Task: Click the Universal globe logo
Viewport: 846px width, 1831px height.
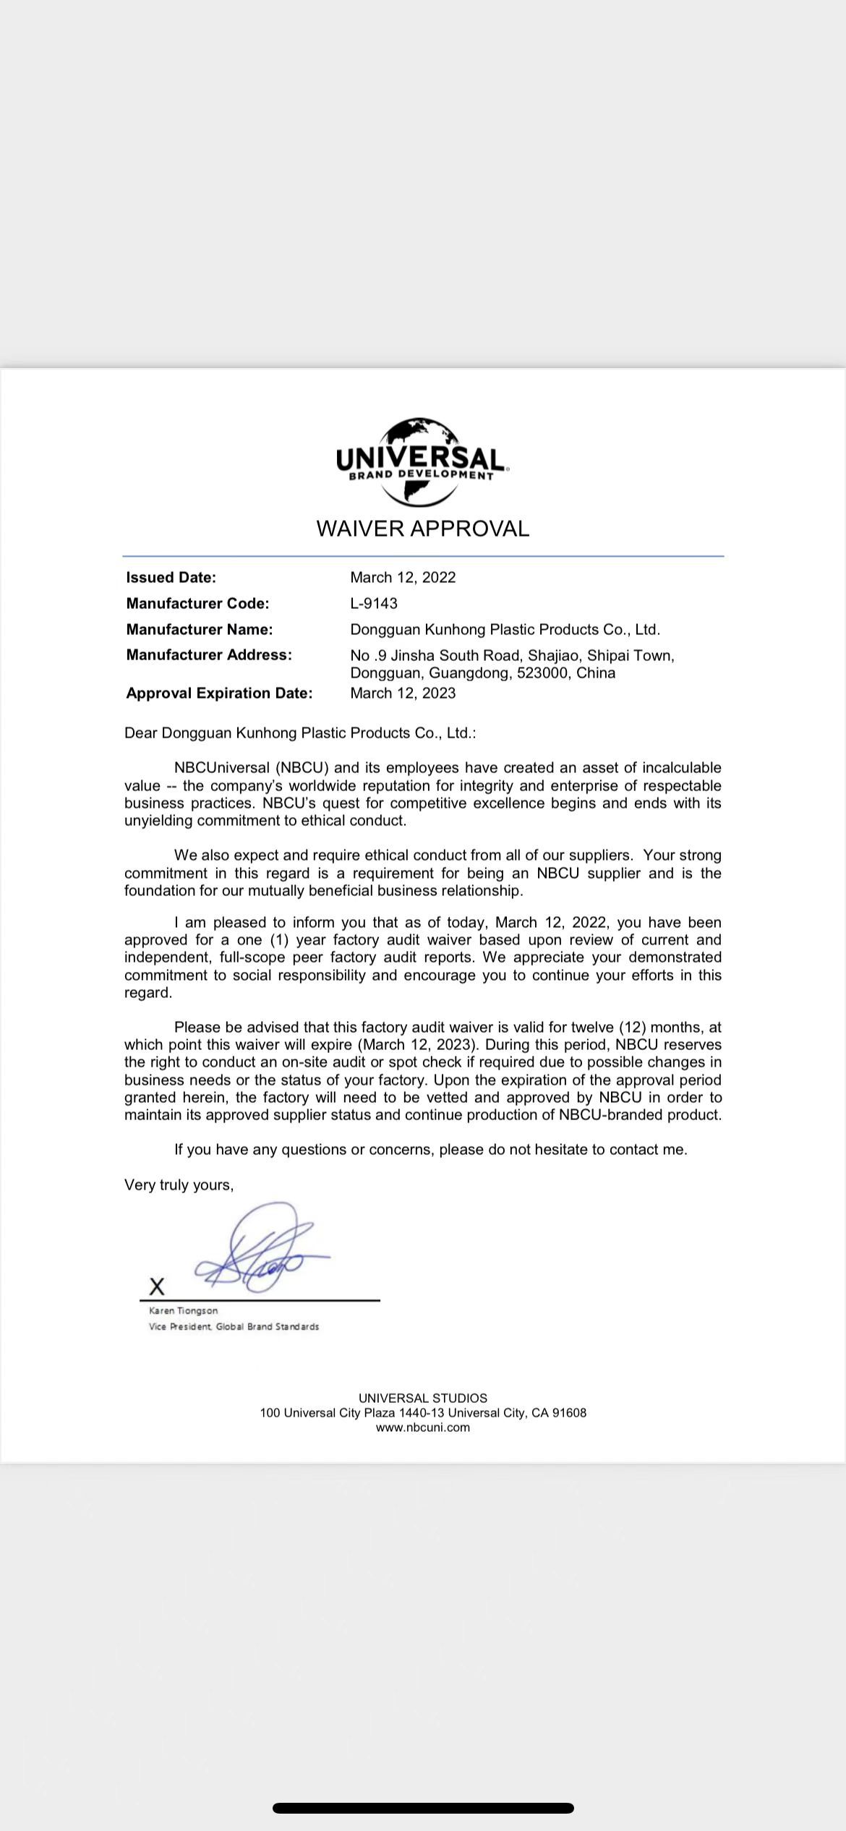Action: pos(422,461)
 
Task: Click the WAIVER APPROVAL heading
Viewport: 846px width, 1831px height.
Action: pos(422,529)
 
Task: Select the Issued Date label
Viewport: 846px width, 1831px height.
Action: pos(171,577)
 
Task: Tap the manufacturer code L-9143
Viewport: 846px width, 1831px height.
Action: pos(374,603)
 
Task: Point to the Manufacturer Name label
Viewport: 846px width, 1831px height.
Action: pos(199,629)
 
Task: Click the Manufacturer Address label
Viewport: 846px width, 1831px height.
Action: pos(209,654)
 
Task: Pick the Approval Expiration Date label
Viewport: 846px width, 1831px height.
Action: pos(219,693)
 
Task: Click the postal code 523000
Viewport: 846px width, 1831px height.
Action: pos(542,673)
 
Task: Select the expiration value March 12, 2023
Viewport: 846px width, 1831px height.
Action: pos(403,693)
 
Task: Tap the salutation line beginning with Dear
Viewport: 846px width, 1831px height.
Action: pos(300,733)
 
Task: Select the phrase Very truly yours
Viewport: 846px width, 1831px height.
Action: pos(179,1185)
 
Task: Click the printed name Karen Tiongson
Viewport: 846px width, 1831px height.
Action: pos(183,1310)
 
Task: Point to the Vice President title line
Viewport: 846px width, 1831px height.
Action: pos(234,1326)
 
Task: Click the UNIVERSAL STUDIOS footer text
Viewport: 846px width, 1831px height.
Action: pos(422,1398)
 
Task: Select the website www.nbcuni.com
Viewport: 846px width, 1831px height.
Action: pos(422,1427)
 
